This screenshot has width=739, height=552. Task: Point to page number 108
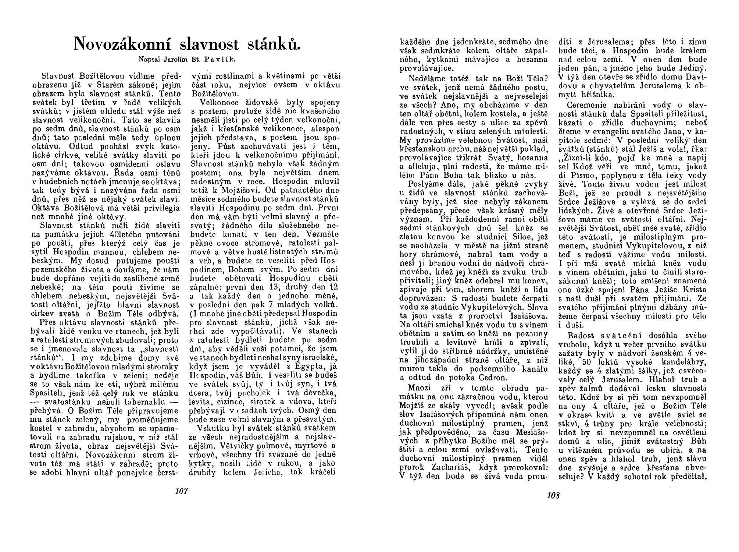point(553,495)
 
